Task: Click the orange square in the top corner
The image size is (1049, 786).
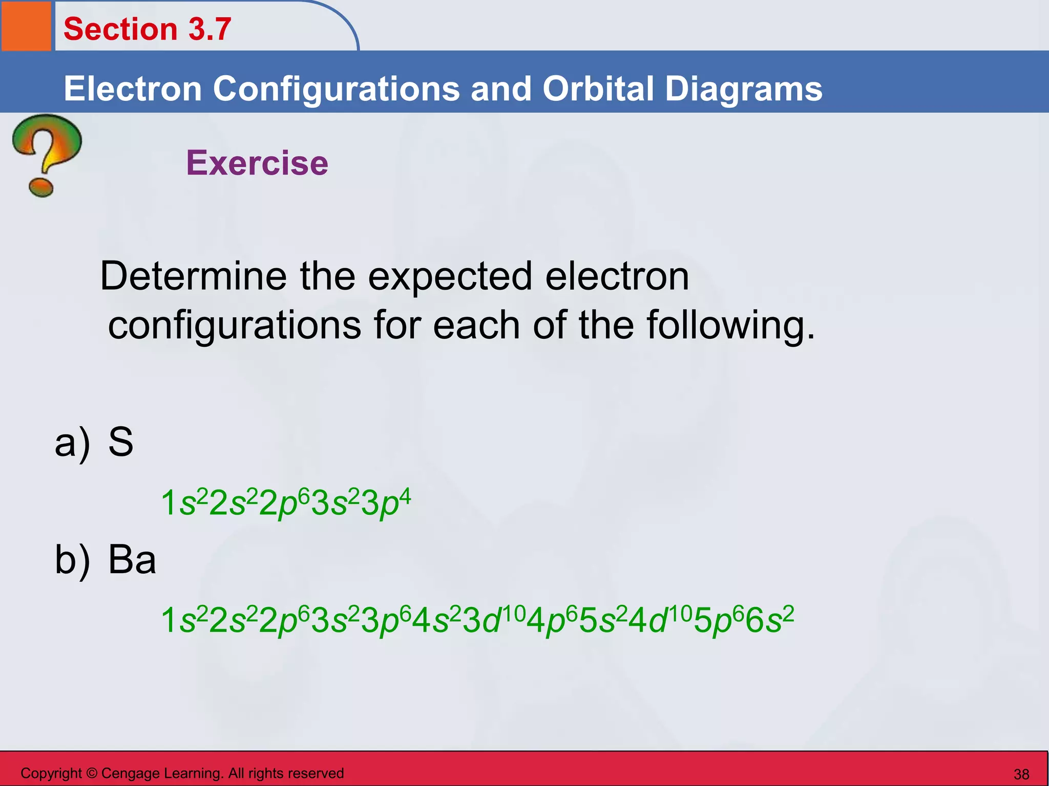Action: click(x=26, y=26)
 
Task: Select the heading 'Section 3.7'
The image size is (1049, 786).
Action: click(x=148, y=29)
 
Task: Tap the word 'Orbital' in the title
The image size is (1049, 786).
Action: click(x=599, y=89)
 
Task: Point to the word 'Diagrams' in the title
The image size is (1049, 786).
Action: click(x=743, y=89)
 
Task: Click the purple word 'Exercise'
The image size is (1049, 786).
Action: click(x=257, y=163)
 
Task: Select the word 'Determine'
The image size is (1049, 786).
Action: click(x=193, y=276)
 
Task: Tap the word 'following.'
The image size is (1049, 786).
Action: click(x=730, y=325)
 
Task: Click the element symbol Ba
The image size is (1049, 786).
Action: click(x=132, y=559)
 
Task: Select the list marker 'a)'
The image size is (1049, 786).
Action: click(x=72, y=443)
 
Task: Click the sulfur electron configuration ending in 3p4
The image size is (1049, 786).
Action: click(x=285, y=503)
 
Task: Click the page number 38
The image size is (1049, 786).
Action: click(x=1021, y=774)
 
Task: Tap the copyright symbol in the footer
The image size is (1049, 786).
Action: click(x=92, y=773)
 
